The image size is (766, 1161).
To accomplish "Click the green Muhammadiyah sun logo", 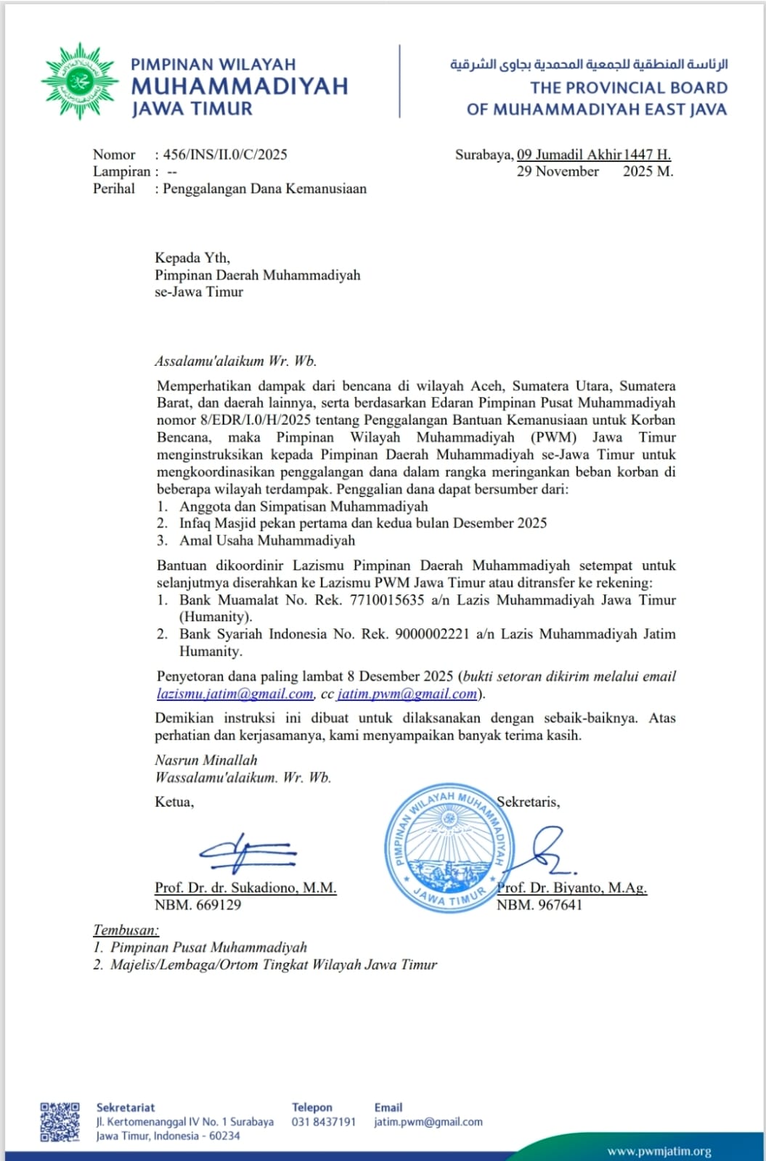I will click(x=79, y=81).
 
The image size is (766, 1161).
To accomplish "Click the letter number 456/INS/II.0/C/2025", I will click(x=225, y=155).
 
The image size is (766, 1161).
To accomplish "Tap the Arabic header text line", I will click(x=589, y=65).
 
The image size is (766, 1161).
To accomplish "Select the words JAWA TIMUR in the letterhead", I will click(x=192, y=110).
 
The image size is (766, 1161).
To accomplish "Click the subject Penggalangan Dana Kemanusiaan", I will click(x=265, y=189).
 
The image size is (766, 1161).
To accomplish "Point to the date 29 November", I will click(x=558, y=172).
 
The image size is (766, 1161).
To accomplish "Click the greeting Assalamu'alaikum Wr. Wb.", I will click(x=236, y=361).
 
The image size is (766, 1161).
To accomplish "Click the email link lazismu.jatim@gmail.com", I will click(x=235, y=694).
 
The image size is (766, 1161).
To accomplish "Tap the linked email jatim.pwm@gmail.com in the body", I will click(x=407, y=694).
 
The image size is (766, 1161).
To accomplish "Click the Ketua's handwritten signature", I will click(x=247, y=850).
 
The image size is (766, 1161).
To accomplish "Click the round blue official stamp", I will click(x=446, y=848).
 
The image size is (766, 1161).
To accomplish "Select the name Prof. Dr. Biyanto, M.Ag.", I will click(x=571, y=887).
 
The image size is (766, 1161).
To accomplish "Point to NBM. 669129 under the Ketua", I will click(x=197, y=905).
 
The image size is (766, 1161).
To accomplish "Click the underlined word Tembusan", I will click(x=125, y=930).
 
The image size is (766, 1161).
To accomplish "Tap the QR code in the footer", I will click(x=60, y=1122).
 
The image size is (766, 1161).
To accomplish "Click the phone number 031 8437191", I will click(x=324, y=1122).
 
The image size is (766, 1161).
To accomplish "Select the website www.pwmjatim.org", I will click(x=659, y=1152).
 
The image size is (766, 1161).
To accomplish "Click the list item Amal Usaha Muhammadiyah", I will click(x=267, y=541).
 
